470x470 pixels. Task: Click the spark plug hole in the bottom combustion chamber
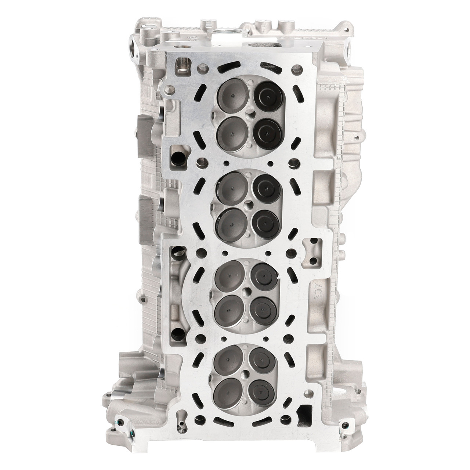244,375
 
